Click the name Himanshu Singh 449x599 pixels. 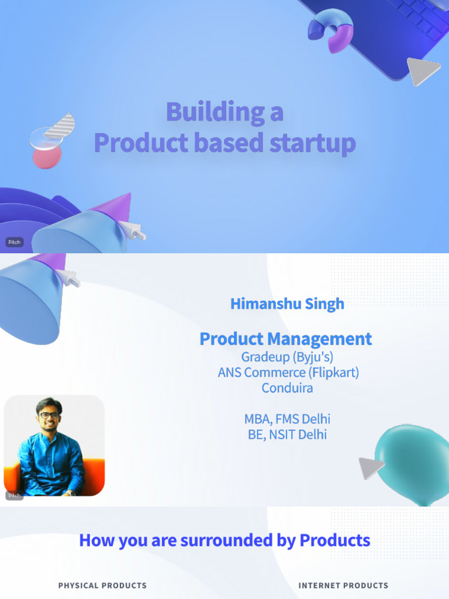287,304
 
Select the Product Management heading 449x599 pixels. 285,339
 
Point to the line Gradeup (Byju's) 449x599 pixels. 287,356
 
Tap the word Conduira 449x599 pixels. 287,387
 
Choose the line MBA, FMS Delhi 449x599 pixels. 287,419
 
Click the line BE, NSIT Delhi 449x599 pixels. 287,435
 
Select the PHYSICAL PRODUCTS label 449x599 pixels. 102,585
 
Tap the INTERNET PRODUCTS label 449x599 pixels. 343,585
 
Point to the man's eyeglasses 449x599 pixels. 49,415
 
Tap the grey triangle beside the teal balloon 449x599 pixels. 371,467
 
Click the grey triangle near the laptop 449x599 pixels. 422,70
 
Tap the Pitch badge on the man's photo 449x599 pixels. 14,495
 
